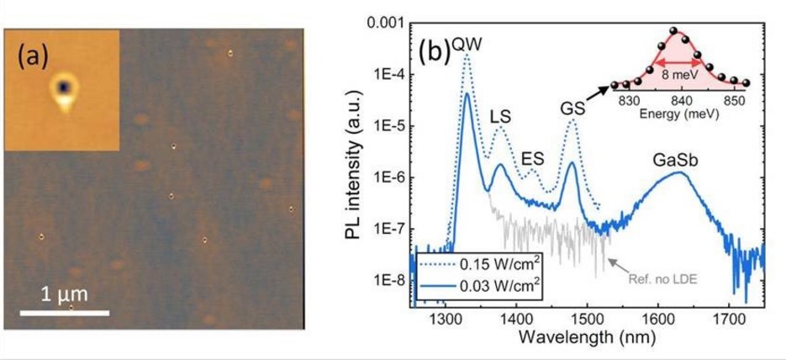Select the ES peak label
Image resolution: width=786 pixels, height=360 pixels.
point(532,158)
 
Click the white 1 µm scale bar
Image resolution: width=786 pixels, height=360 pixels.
point(64,314)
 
